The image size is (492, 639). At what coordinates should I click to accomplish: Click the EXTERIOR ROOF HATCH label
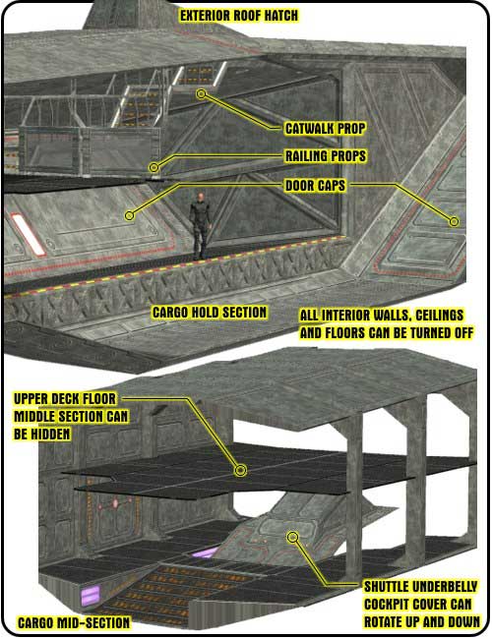pos(239,16)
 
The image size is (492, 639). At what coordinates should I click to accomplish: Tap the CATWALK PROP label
pos(325,129)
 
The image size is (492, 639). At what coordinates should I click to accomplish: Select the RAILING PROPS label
pos(325,156)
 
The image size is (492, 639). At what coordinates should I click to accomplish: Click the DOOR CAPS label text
pos(315,186)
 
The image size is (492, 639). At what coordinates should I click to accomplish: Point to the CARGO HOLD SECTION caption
pos(210,313)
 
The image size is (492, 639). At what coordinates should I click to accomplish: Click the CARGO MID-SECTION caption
pos(74,622)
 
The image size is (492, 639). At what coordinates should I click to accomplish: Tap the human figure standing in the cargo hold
pos(200,225)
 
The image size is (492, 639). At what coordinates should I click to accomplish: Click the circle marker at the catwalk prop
pos(201,94)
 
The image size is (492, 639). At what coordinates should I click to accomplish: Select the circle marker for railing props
pos(154,167)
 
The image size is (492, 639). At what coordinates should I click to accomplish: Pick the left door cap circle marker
pos(129,215)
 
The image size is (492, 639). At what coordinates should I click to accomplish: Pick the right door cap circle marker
pos(454,221)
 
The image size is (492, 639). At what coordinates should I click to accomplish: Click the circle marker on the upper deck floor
pos(241,471)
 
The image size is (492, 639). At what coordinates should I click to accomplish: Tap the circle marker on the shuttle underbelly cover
pos(292,537)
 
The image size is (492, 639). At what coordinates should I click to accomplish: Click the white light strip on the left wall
pos(29,235)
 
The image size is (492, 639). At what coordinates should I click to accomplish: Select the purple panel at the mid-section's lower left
pos(91,596)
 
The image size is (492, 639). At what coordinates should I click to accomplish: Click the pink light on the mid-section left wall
pos(115,503)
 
